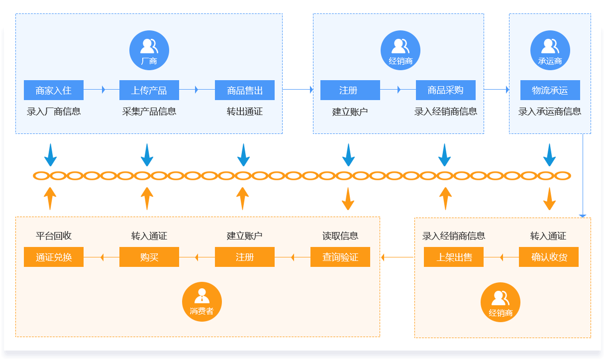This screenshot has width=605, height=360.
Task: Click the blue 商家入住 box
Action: point(54,90)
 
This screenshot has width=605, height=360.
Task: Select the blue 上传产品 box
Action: point(149,90)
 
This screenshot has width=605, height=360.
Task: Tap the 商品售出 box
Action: point(245,90)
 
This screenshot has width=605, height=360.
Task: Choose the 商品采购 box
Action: point(446,90)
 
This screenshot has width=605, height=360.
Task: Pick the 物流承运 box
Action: point(550,90)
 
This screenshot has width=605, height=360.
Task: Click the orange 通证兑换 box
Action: point(54,257)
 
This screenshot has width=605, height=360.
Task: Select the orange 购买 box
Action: point(149,257)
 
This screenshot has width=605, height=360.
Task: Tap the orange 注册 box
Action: point(245,257)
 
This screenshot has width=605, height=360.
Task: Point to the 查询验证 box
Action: point(340,257)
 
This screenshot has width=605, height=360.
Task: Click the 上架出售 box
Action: point(454,257)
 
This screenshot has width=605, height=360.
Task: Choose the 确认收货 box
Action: point(549,257)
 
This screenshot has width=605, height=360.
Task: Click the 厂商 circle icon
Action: point(149,50)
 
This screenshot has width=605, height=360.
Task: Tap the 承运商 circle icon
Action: point(550,50)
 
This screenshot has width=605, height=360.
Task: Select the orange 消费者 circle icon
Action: point(202,302)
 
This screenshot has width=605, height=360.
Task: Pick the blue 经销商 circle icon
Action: point(401,50)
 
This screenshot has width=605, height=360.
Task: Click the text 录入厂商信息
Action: point(54,112)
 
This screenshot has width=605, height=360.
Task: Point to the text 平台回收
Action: point(54,236)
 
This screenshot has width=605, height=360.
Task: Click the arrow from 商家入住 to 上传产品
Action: point(101,90)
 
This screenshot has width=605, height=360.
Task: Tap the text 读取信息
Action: point(340,236)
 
